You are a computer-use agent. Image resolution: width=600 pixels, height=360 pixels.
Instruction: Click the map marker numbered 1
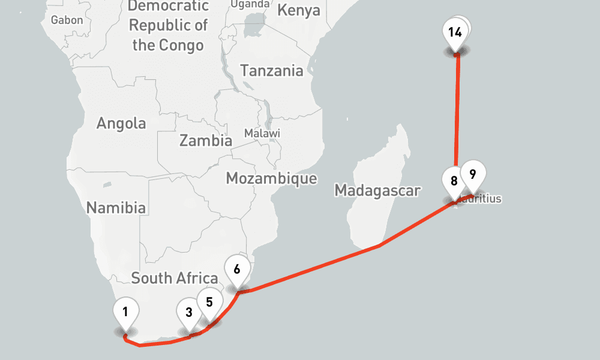tap(125, 312)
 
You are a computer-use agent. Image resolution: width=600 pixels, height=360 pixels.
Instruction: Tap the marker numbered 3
tap(189, 312)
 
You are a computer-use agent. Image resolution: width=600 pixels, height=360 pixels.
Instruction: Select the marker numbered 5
tap(209, 302)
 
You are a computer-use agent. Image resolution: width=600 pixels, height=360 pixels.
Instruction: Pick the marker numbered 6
tap(237, 269)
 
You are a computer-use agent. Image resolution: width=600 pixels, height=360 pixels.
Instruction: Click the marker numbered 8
tap(454, 181)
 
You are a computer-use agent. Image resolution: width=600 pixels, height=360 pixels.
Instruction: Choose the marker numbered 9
tap(473, 175)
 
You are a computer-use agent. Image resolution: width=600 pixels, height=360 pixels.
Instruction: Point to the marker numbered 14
tap(455, 32)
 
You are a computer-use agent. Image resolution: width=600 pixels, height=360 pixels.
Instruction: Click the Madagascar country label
tap(377, 191)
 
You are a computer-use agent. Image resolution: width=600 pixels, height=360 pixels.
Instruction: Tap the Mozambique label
tap(271, 178)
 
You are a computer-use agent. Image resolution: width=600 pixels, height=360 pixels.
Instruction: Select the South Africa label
tap(175, 278)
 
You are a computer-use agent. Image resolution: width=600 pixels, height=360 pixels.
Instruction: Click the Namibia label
tap(116, 208)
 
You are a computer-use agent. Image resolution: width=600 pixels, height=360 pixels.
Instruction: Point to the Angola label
tap(121, 124)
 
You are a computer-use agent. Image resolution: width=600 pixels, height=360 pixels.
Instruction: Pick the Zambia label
tap(206, 141)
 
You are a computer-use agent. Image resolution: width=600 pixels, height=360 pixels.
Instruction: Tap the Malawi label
tap(262, 133)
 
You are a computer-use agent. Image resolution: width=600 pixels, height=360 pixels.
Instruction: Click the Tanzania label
tap(272, 70)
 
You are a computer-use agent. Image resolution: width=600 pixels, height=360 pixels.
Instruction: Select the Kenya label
tap(299, 10)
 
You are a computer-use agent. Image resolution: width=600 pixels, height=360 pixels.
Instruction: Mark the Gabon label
tap(67, 20)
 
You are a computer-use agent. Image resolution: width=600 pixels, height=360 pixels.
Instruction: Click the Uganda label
tap(250, 4)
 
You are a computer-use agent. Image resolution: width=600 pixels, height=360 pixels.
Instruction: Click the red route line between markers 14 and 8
tap(457, 114)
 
